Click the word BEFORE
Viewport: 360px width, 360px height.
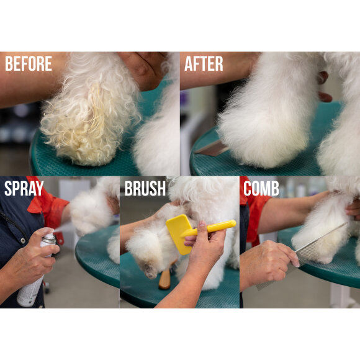[x=29, y=63]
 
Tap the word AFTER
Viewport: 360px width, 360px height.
[x=204, y=63]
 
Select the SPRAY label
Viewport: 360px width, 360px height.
[x=24, y=188]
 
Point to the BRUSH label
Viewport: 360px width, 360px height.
[x=145, y=188]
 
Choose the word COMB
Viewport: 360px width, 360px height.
[x=261, y=188]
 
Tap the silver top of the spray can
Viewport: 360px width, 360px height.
[x=48, y=239]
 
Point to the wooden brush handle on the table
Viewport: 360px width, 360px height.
[x=165, y=278]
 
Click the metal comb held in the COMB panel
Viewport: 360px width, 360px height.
[x=305, y=255]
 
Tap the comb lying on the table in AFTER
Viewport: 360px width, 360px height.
[x=212, y=148]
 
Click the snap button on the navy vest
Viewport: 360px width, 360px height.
[x=23, y=241]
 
